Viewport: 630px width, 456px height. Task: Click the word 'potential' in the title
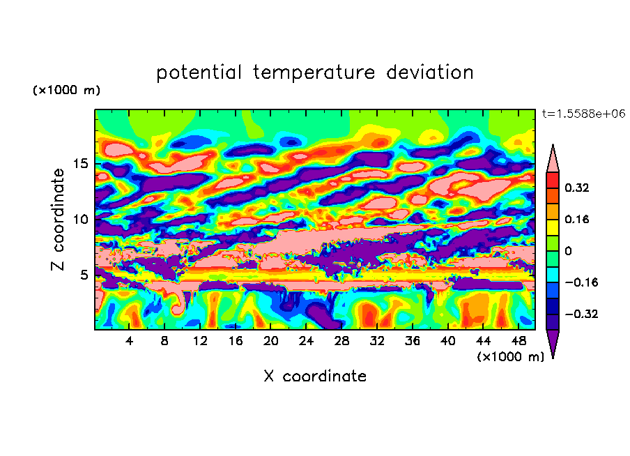click(199, 73)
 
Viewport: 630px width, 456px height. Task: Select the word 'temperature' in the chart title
click(314, 73)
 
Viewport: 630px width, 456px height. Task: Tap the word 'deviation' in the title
click(430, 72)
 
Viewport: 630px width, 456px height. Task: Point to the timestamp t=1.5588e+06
click(583, 114)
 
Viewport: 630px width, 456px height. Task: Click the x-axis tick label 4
click(129, 341)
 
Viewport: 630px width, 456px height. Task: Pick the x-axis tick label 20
click(270, 341)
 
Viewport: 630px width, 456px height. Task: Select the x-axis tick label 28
click(341, 341)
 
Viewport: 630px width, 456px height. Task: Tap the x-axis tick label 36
click(413, 341)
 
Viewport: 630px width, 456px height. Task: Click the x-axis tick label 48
click(518, 341)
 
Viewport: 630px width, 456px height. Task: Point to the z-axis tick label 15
click(80, 164)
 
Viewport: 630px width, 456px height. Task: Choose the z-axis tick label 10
click(80, 219)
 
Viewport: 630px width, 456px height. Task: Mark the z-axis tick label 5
click(84, 275)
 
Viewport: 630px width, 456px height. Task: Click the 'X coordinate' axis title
click(315, 376)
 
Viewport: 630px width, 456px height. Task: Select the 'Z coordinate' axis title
click(58, 220)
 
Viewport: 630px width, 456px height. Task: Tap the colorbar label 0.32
click(576, 188)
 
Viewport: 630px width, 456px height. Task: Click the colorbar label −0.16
click(581, 282)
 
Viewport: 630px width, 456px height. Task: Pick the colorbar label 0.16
click(576, 219)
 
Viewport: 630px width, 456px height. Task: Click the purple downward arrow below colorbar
click(553, 342)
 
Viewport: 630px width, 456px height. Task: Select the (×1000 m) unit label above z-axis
click(66, 90)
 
